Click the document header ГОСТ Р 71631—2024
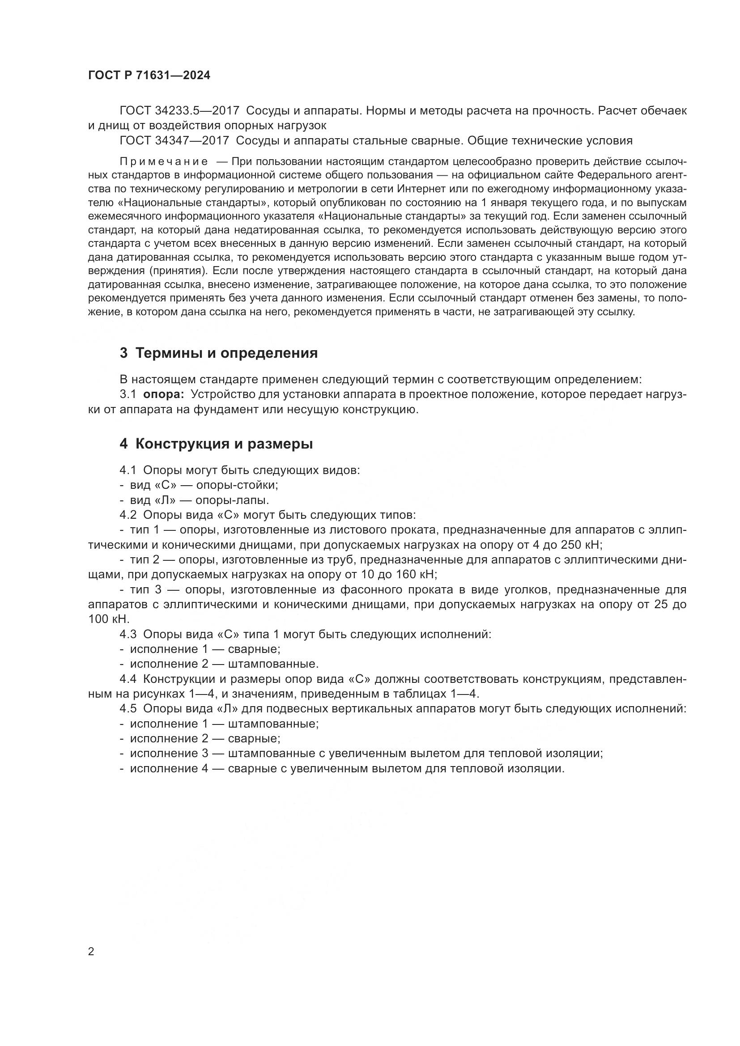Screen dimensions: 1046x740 (149, 76)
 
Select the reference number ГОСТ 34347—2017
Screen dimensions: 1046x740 (174, 140)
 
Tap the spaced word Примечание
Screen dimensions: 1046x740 (164, 162)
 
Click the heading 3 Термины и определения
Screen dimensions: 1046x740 (219, 353)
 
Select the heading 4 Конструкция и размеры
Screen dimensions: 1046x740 (217, 443)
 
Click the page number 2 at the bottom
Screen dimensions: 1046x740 (91, 951)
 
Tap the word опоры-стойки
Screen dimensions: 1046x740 (237, 485)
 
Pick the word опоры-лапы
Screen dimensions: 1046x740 (232, 500)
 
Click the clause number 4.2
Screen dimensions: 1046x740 (128, 515)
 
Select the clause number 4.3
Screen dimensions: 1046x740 (128, 634)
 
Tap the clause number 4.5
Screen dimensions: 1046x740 (128, 709)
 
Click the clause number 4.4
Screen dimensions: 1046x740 (128, 679)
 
